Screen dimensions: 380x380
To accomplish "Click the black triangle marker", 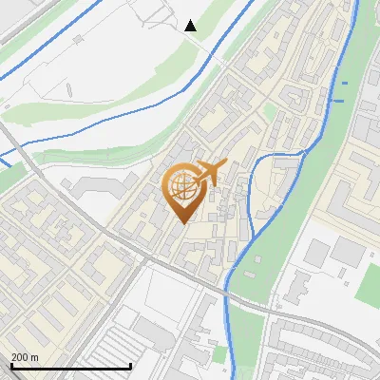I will coord(191,26).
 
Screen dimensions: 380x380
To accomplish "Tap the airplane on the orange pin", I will coord(210,173).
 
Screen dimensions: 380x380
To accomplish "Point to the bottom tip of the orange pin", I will coord(182,221).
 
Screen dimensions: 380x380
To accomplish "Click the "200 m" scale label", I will coord(25,357).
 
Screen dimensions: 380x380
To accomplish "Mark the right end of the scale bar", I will coord(130,366).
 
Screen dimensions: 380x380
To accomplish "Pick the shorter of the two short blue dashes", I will coord(344,85).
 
